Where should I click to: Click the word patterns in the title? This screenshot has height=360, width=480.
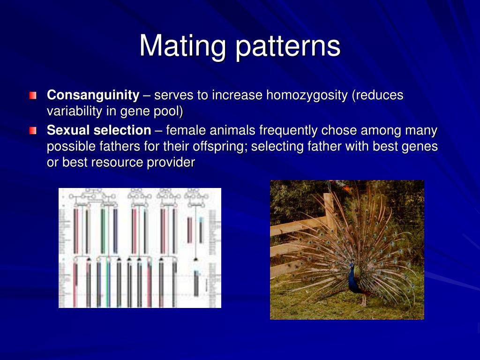click(x=288, y=46)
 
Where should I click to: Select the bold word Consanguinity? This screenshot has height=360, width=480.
click(x=93, y=95)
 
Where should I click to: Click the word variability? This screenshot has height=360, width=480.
click(x=74, y=112)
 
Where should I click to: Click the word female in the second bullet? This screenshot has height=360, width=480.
click(x=186, y=130)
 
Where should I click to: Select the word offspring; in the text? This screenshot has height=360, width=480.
click(x=219, y=146)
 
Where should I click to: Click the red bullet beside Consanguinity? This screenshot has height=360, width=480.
click(x=32, y=96)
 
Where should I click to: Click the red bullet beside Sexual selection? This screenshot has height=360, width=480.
click(x=32, y=130)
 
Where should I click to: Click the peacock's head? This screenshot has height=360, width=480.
click(x=352, y=263)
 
